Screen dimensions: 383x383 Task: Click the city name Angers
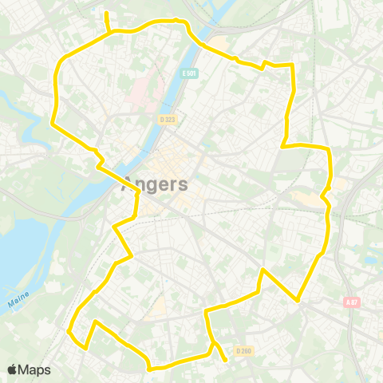click(156, 185)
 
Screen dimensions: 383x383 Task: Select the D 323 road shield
click(167, 120)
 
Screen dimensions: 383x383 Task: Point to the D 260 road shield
click(243, 349)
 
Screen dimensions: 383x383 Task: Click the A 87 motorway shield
click(353, 302)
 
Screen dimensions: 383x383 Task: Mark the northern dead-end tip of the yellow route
click(106, 13)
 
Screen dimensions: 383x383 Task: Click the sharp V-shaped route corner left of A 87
click(298, 300)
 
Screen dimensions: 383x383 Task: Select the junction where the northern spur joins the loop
click(109, 32)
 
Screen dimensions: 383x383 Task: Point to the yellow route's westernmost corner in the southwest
click(69, 331)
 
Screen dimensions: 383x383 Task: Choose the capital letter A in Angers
click(128, 185)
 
